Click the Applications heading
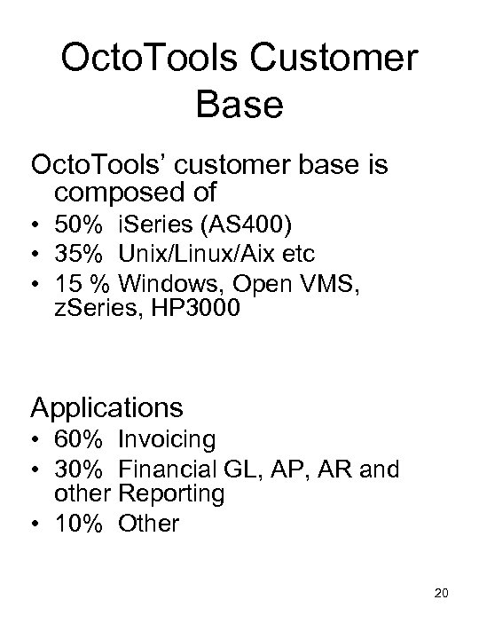point(106,407)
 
